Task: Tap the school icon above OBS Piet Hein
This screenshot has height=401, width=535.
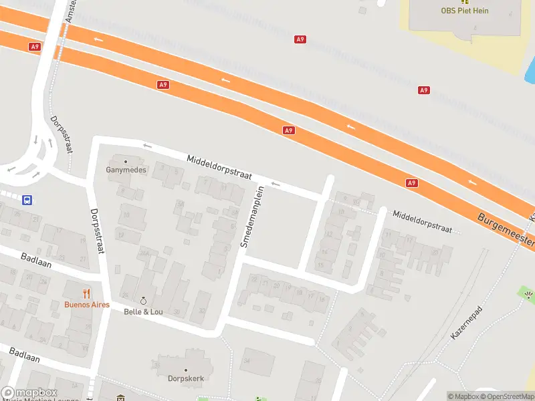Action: click(x=465, y=1)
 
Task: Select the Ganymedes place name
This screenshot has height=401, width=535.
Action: click(x=125, y=170)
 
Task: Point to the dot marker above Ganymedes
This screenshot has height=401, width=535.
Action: click(x=125, y=161)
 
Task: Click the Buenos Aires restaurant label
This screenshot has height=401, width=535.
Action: click(x=87, y=304)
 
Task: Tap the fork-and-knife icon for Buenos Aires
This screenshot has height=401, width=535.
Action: click(x=86, y=293)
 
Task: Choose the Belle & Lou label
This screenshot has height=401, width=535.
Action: click(x=142, y=311)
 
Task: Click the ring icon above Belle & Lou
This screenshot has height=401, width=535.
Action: click(x=142, y=301)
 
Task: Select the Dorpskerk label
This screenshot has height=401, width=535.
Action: click(x=185, y=379)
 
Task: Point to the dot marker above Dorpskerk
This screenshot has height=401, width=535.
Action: click(x=185, y=370)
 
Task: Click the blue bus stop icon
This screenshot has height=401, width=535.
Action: click(x=27, y=200)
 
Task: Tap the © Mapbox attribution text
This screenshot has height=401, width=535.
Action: click(x=464, y=396)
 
